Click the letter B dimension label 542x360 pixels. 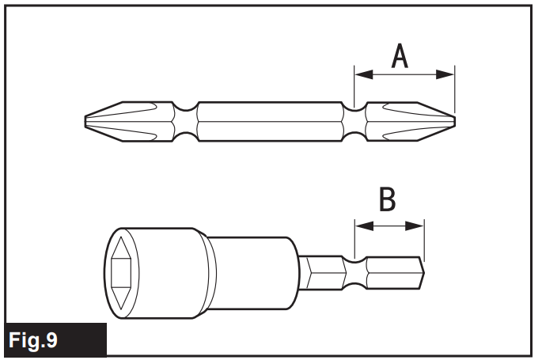387,200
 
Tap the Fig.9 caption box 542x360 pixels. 54,340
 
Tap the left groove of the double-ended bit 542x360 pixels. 184,120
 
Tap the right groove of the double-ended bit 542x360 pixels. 354,120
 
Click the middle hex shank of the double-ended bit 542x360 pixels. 269,120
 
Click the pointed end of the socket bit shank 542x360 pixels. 421,273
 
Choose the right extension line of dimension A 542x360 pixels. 455,91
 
